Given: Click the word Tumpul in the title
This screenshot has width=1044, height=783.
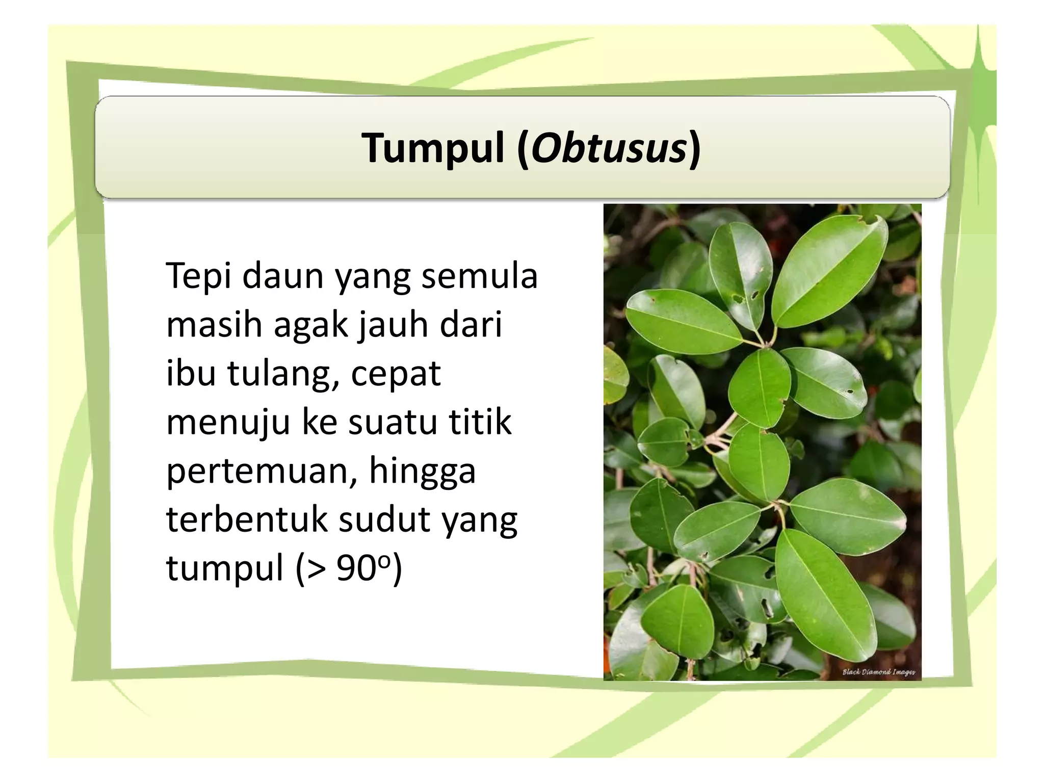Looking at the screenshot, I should pyautogui.click(x=433, y=148).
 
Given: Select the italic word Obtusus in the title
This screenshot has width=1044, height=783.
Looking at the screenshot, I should pyautogui.click(x=609, y=148).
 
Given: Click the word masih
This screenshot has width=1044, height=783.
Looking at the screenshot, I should pyautogui.click(x=213, y=324).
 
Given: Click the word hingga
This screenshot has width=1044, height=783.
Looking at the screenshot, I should pyautogui.click(x=422, y=471).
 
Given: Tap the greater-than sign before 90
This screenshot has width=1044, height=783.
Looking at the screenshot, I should pyautogui.click(x=316, y=568).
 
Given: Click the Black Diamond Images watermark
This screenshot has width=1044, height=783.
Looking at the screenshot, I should pyautogui.click(x=878, y=672).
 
